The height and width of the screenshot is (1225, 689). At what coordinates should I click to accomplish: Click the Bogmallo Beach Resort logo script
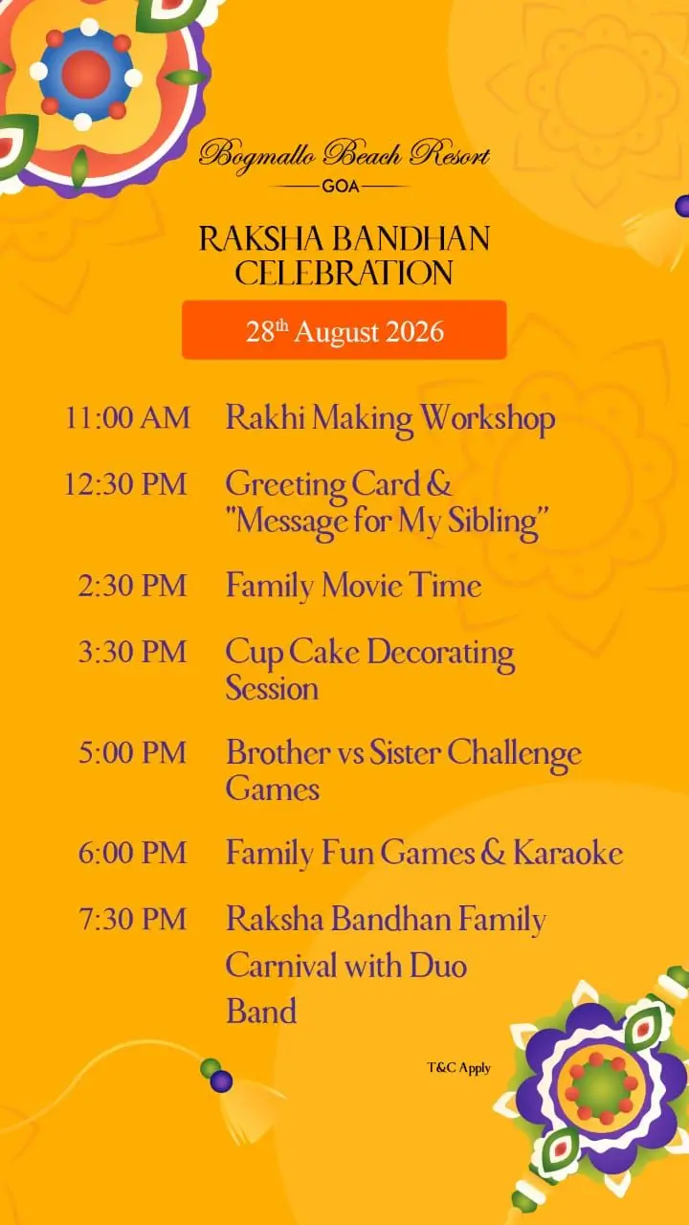344,155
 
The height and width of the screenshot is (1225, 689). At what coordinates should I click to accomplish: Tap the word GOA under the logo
341,187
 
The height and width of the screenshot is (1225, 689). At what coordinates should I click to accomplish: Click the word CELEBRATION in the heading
344,273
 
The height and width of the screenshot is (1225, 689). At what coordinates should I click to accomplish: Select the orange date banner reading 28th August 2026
344,330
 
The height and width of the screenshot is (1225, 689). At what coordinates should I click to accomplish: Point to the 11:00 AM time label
127,418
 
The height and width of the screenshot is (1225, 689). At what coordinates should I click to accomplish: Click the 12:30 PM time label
125,484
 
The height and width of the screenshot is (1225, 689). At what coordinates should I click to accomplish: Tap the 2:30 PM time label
132,586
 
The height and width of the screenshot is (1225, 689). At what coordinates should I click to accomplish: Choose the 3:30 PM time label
132,652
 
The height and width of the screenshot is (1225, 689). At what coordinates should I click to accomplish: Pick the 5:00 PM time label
132,752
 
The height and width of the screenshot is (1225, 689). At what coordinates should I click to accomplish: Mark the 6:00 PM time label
132,853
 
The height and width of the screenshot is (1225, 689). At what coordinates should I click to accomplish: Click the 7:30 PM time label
132,919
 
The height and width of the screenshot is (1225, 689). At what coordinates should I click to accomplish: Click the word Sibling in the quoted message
494,523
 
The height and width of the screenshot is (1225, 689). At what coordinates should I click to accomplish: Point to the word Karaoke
568,853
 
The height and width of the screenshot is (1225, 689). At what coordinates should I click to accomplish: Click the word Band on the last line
261,1011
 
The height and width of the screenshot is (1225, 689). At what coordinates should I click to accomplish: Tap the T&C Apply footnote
458,1068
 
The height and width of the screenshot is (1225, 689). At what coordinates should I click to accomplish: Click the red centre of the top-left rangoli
86,75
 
